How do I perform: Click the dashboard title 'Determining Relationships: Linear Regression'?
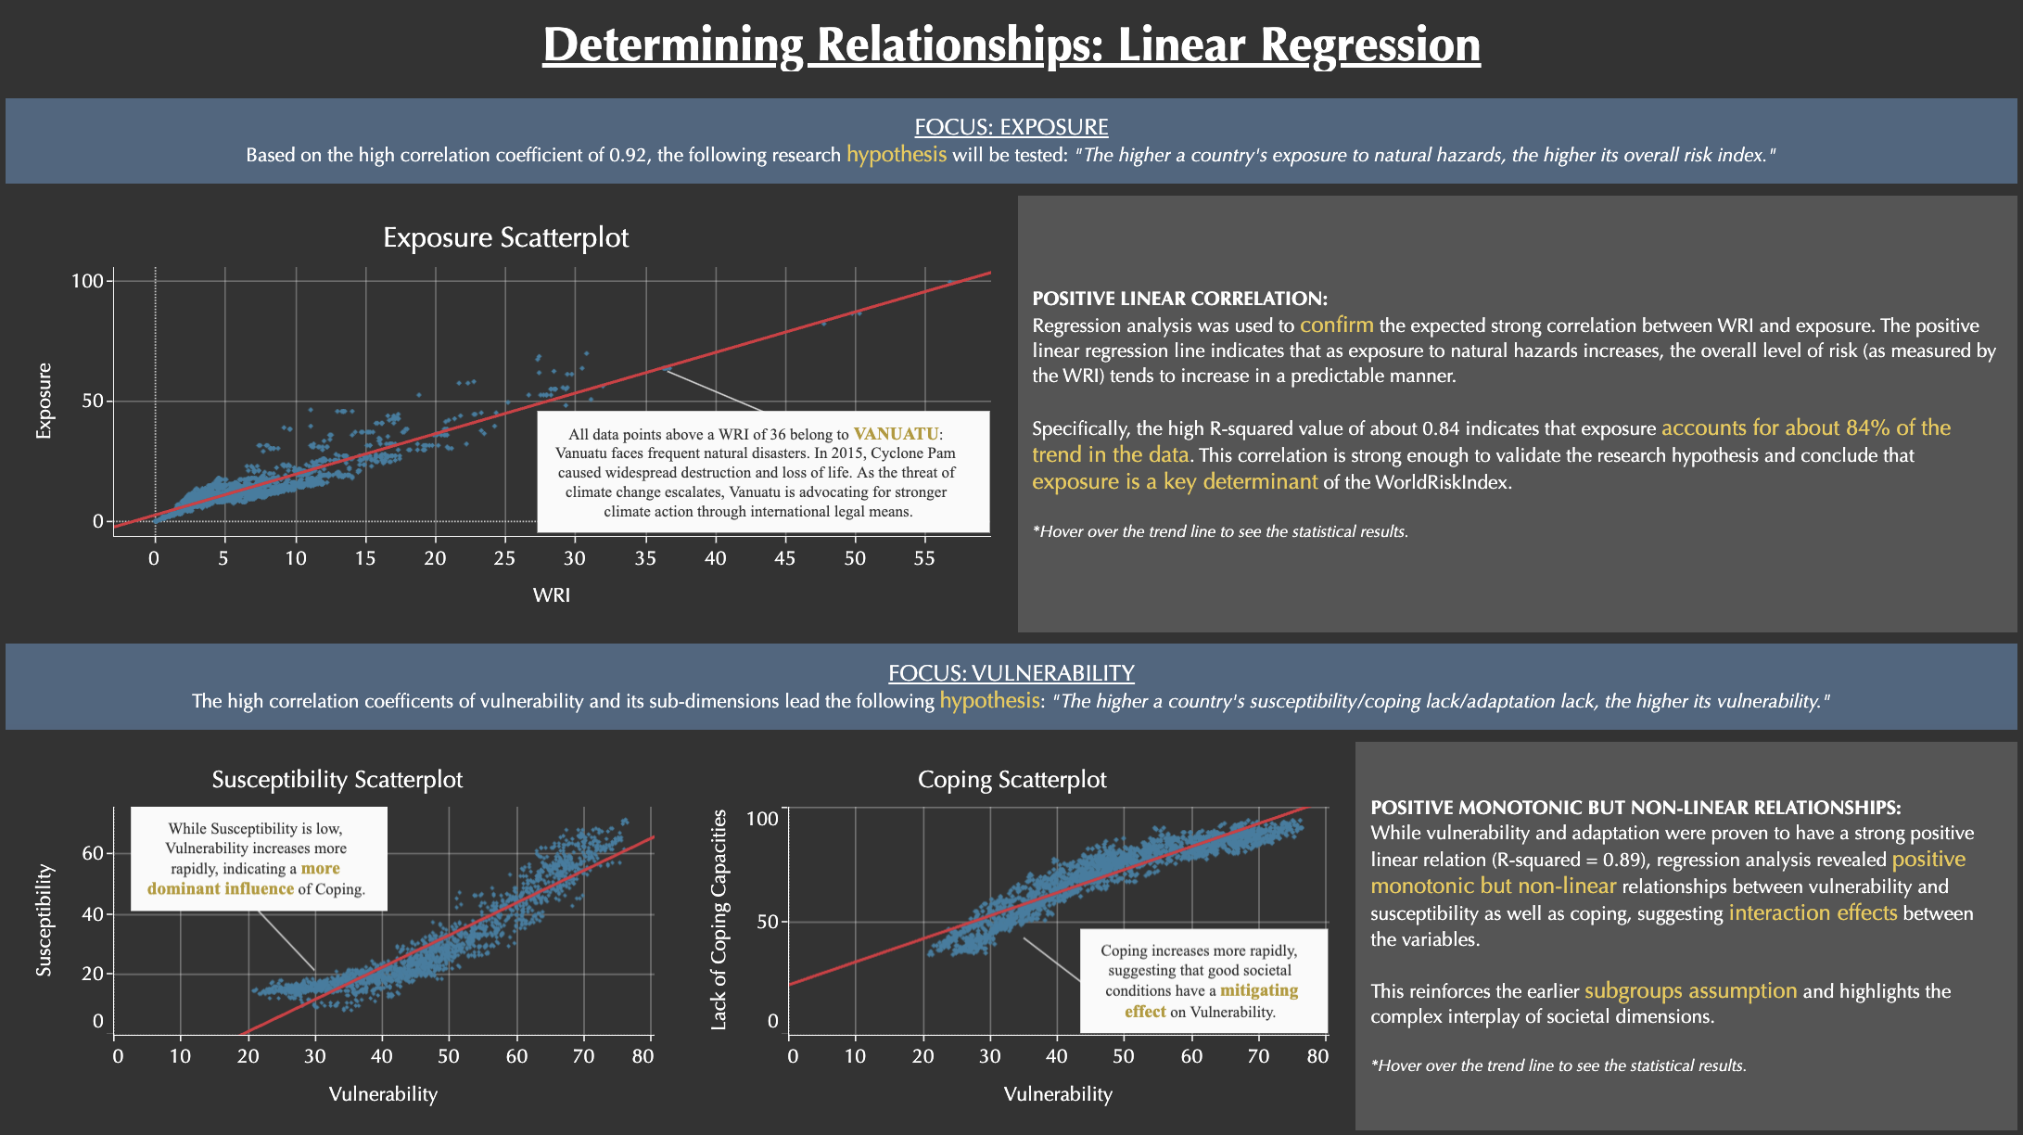(1011, 45)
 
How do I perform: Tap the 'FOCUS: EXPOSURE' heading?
(1011, 127)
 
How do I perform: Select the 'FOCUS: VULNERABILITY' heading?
(1011, 673)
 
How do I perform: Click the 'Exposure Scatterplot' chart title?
(505, 237)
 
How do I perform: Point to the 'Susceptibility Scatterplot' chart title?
(337, 779)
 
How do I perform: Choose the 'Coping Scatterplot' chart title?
(1011, 779)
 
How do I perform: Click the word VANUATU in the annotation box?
(896, 434)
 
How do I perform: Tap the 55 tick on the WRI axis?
(924, 558)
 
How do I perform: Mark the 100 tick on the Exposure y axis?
(87, 281)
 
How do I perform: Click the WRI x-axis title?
(552, 595)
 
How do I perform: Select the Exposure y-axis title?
(44, 401)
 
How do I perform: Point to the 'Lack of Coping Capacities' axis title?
(719, 919)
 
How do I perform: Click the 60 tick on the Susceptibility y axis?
(93, 853)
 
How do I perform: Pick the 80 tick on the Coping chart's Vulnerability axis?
(1317, 1056)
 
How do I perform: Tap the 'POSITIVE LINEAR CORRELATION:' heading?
(1179, 299)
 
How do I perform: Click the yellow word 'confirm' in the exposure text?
(1336, 325)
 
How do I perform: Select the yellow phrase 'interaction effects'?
(1813, 913)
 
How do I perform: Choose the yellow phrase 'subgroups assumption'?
(1690, 991)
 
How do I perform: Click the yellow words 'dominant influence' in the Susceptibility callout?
(221, 889)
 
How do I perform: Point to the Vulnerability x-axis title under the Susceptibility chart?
(383, 1094)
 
